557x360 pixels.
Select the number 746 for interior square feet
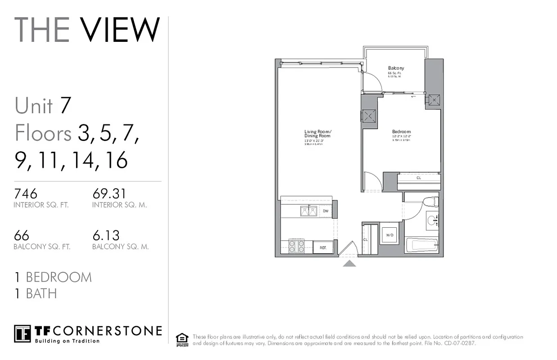click(26, 193)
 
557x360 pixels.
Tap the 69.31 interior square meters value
click(109, 193)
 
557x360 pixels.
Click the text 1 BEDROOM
click(53, 277)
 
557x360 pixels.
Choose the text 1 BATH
click(36, 294)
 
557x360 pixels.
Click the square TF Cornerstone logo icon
click(23, 333)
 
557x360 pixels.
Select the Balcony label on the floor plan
click(396, 68)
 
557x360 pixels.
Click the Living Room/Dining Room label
click(317, 134)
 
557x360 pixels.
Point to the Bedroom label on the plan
click(401, 132)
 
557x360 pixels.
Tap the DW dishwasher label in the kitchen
click(326, 211)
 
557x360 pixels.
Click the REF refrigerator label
click(323, 247)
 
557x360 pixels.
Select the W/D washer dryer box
click(389, 235)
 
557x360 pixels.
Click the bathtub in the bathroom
click(421, 245)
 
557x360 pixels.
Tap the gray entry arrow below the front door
click(349, 263)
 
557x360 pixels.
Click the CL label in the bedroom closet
click(418, 178)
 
